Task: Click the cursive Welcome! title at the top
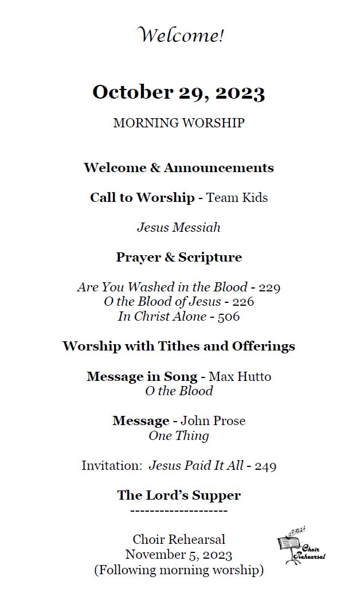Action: tap(180, 36)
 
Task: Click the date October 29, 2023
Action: tap(179, 92)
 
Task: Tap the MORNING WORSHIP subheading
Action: tap(179, 123)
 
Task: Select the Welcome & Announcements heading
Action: tap(179, 168)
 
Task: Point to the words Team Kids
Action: tap(237, 198)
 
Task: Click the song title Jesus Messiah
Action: tap(179, 228)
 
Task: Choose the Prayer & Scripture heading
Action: tap(179, 258)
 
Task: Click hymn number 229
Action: tap(269, 287)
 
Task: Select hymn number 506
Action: tap(228, 317)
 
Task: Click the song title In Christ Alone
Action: tap(162, 317)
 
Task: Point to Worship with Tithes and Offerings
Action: tap(179, 346)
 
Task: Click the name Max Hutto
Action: tap(240, 377)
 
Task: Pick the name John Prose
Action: tap(213, 421)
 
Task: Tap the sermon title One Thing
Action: tap(179, 436)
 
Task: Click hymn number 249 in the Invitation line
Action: tap(265, 466)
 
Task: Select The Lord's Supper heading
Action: tap(179, 496)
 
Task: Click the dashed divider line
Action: tap(179, 511)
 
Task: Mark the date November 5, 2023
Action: tap(179, 555)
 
